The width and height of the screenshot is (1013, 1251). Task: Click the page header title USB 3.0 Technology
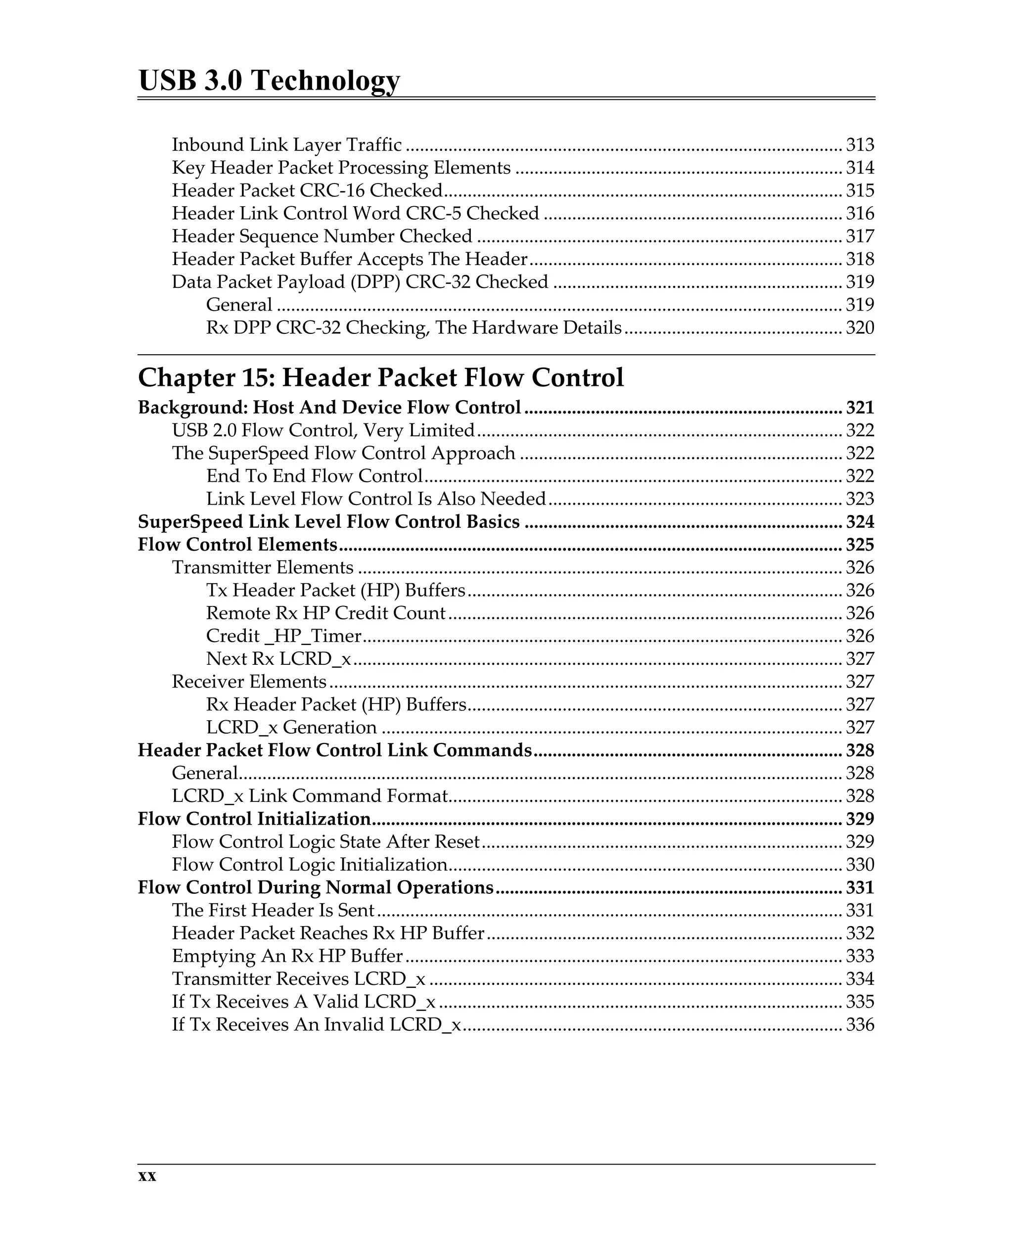click(x=269, y=80)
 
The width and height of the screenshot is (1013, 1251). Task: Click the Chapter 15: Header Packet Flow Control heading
click(x=380, y=377)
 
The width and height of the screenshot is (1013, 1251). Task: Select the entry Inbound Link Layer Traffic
click(x=286, y=145)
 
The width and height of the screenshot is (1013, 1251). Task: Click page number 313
click(x=860, y=145)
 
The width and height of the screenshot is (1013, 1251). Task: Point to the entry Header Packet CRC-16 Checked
click(x=307, y=190)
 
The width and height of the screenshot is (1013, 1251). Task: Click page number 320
click(x=860, y=327)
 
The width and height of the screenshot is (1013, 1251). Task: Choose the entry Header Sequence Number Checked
click(x=322, y=236)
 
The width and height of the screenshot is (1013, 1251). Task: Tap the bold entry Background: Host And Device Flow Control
click(x=329, y=407)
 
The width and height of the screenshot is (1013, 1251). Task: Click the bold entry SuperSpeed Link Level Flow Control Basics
click(x=328, y=522)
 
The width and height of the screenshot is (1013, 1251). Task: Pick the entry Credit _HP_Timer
click(x=283, y=636)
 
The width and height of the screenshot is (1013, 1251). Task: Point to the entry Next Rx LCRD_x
click(x=278, y=658)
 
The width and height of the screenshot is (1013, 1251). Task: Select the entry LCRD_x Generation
click(x=291, y=727)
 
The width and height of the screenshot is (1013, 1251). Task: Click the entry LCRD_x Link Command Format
click(x=310, y=795)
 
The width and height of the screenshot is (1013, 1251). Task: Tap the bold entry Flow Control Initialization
click(x=254, y=819)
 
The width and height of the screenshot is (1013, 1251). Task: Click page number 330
click(x=860, y=864)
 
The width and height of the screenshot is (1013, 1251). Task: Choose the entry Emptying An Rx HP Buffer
click(x=287, y=956)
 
